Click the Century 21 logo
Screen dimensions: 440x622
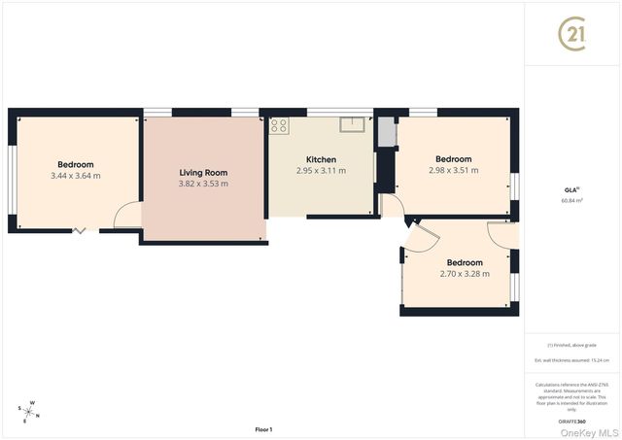pyautogui.click(x=572, y=34)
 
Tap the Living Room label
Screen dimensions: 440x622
pyautogui.click(x=203, y=172)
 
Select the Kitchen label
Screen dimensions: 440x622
pyautogui.click(x=321, y=159)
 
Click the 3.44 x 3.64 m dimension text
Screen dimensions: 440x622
pyautogui.click(x=75, y=176)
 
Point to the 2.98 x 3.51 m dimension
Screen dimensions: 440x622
pyautogui.click(x=453, y=170)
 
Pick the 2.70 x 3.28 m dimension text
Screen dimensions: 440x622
pyautogui.click(x=465, y=273)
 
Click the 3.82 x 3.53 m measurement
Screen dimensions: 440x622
pyautogui.click(x=203, y=184)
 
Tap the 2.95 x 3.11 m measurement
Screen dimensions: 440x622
pyautogui.click(x=321, y=171)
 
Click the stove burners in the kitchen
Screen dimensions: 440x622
pyautogui.click(x=279, y=124)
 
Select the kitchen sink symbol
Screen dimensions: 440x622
pyautogui.click(x=352, y=123)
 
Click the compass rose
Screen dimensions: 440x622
pyautogui.click(x=31, y=411)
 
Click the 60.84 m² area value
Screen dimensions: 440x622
pyautogui.click(x=572, y=201)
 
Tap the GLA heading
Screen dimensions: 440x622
pyautogui.click(x=571, y=189)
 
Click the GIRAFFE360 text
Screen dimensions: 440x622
pyautogui.click(x=572, y=422)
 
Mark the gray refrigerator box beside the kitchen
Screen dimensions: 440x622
pyautogui.click(x=387, y=131)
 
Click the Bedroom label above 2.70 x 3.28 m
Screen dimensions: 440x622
pyautogui.click(x=465, y=262)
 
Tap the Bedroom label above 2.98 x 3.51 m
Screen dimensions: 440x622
pyautogui.click(x=453, y=159)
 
